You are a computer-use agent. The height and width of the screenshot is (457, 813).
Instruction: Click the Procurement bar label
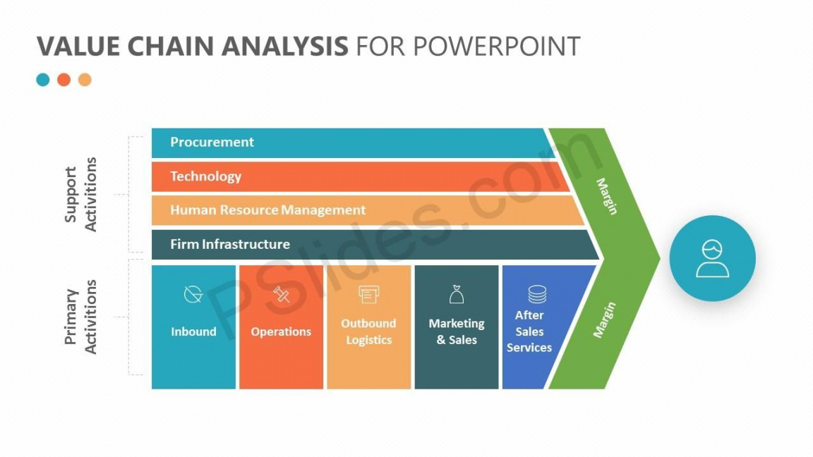pos(212,142)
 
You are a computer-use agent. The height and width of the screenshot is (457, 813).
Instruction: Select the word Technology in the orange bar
pos(205,176)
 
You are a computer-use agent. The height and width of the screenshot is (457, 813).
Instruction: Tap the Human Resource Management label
pos(267,210)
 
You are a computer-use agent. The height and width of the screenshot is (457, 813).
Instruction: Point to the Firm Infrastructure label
pos(229,244)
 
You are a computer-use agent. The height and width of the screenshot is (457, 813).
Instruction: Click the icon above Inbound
pos(193,295)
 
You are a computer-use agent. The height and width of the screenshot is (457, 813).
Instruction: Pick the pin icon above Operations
pos(282,295)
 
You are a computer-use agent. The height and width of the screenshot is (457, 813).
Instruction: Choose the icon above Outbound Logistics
pos(368,294)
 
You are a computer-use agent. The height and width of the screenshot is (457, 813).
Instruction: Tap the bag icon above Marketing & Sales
pos(457,294)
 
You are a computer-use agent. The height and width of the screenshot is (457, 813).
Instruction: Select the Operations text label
pos(281,331)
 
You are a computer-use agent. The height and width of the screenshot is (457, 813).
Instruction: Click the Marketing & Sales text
pos(457,331)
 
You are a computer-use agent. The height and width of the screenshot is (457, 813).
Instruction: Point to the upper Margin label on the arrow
pos(607,196)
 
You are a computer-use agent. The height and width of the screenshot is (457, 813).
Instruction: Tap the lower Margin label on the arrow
pos(604,319)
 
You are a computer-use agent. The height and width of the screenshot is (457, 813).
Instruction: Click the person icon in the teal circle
pos(712,259)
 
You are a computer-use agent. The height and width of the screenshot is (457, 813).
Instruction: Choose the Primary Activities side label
pos(80,317)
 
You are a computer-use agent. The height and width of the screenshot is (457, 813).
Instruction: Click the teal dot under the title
pos(43,80)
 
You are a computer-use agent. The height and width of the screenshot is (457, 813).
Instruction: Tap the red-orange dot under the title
pos(64,80)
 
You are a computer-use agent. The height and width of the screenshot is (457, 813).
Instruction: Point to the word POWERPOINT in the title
pos(496,47)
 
